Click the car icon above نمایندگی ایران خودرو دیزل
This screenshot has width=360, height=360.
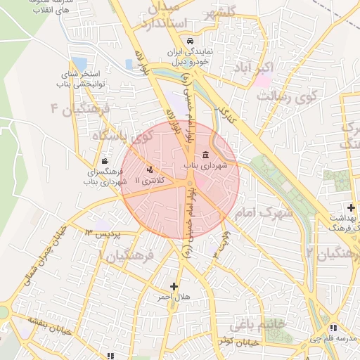[x=180, y=40]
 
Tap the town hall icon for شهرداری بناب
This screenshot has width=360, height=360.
[x=205, y=155]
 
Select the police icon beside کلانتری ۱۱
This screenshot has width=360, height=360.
[x=149, y=169]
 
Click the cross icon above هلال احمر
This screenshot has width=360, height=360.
[x=174, y=286]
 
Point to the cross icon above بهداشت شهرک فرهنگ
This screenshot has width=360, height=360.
[x=351, y=208]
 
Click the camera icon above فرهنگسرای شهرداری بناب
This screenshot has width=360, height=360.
[x=105, y=161]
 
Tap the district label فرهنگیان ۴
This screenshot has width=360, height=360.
[x=81, y=110]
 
